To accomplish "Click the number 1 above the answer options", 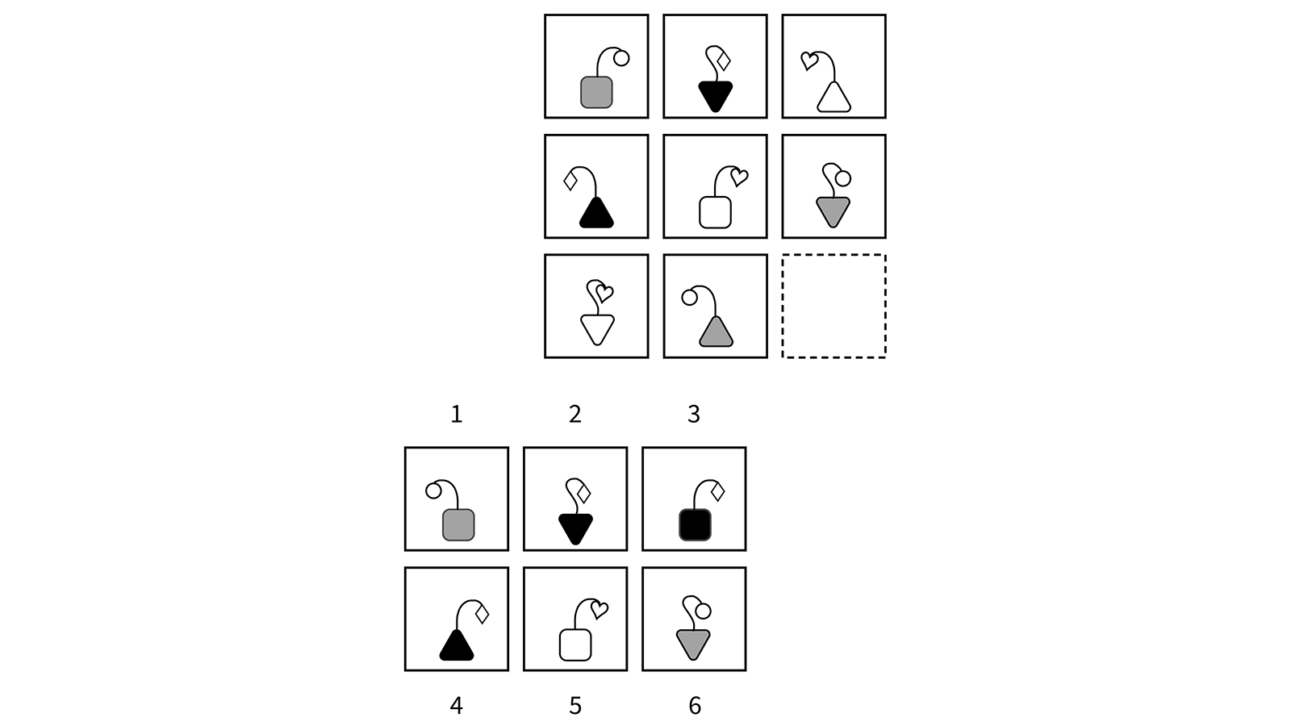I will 456,414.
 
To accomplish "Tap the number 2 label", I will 574,414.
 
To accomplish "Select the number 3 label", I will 693,414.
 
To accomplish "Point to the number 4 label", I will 456,706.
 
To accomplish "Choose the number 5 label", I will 574,706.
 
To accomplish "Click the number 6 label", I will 694,706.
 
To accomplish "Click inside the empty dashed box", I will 834,306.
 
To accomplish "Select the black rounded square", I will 695,525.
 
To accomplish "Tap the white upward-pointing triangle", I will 834,98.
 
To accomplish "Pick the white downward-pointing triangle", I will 597,328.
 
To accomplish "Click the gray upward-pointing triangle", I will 716,333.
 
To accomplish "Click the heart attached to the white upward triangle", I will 808,60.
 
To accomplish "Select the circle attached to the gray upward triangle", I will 689,297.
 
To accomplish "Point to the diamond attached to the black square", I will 716,490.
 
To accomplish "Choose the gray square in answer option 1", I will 458,525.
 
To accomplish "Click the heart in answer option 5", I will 599,610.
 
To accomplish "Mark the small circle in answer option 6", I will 703,611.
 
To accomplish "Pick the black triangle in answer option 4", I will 457,645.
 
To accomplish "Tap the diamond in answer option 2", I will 583,492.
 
